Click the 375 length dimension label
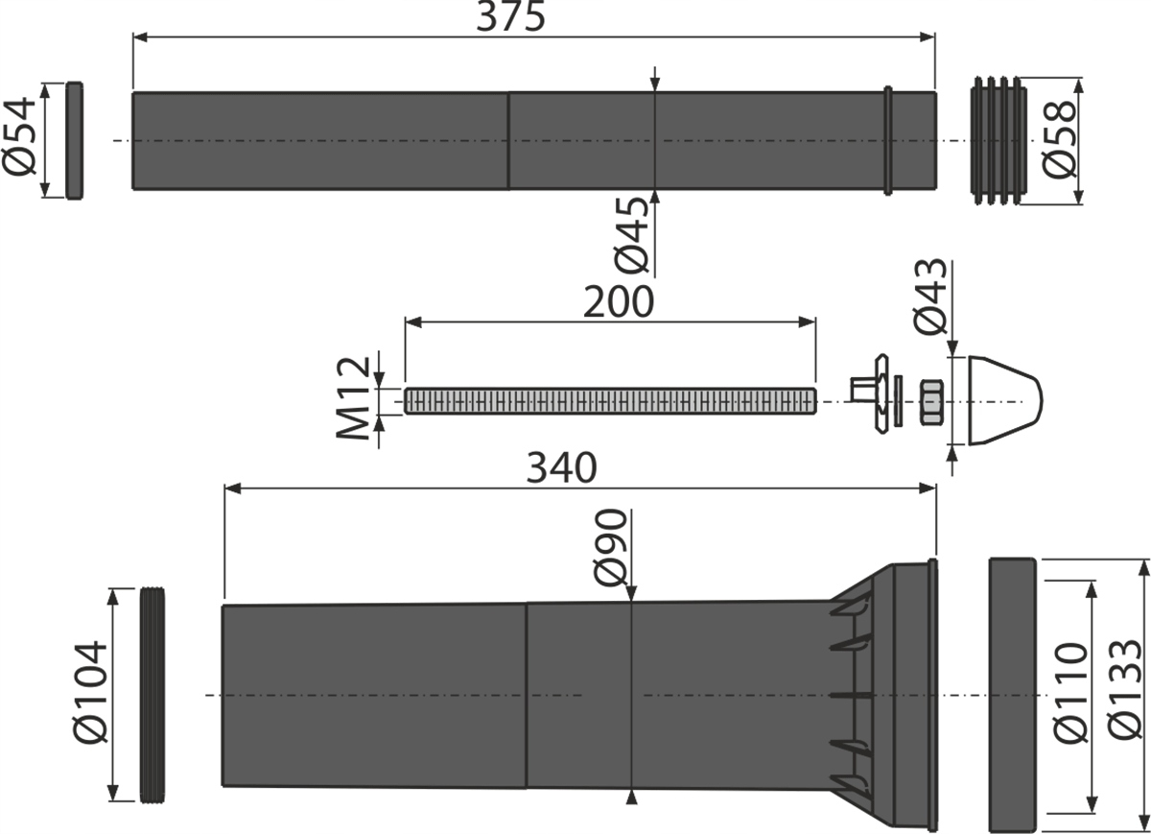click(x=509, y=17)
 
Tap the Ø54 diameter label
click(x=19, y=136)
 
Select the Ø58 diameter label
click(x=1059, y=140)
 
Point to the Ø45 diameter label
click(x=631, y=235)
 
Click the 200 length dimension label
click(x=618, y=303)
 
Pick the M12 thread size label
click(x=353, y=398)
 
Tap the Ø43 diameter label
click(x=930, y=297)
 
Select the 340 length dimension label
click(x=561, y=468)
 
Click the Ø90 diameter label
click(x=610, y=548)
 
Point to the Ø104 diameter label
click(x=90, y=692)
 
